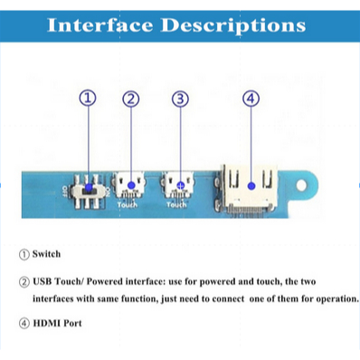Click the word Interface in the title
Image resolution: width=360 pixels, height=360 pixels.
tap(100, 24)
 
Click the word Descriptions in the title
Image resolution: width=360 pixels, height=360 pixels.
tap(233, 25)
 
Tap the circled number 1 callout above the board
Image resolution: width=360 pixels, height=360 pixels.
tap(88, 98)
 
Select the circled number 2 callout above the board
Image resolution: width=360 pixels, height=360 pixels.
tap(131, 99)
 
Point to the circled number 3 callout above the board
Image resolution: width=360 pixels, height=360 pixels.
tap(180, 99)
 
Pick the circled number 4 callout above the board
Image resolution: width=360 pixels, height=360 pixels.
tap(251, 99)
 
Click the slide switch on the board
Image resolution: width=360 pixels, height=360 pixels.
tap(88, 191)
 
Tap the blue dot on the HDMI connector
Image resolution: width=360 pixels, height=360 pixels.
tap(251, 186)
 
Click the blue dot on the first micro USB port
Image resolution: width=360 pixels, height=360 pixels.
tap(131, 185)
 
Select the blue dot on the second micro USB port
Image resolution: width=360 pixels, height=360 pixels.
tap(180, 185)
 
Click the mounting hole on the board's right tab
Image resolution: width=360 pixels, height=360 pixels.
tap(301, 185)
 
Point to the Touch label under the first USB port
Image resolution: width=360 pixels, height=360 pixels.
tap(128, 205)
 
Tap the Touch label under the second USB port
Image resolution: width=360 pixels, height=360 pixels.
tap(176, 205)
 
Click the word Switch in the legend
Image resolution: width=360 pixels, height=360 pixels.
tap(46, 254)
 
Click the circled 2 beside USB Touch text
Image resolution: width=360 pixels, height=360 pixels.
tap(24, 282)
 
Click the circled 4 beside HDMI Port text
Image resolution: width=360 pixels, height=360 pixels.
tap(24, 324)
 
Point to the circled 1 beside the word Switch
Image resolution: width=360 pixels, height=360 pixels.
tap(24, 254)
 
